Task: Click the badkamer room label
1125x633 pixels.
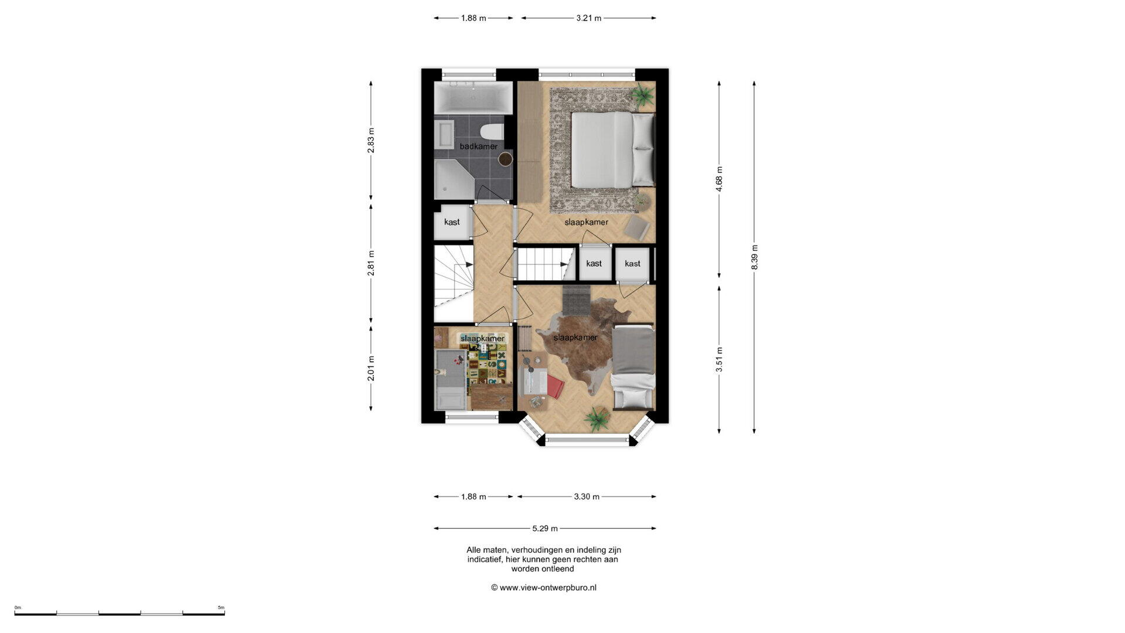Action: click(x=478, y=146)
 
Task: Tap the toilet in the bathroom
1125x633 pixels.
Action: click(x=492, y=132)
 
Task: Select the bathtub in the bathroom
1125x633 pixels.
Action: click(x=473, y=98)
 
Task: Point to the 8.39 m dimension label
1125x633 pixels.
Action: click(x=754, y=257)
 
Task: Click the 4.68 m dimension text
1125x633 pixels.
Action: click(x=719, y=179)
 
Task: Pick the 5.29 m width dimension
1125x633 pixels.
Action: click(x=545, y=528)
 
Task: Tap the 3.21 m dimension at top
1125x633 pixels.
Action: click(x=588, y=18)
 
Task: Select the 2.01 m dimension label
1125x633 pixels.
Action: click(x=371, y=368)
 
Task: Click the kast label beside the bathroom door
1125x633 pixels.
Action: click(x=452, y=222)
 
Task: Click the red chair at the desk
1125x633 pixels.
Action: click(x=555, y=387)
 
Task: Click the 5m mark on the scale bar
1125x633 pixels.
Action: click(x=221, y=608)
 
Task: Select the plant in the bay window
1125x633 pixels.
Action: click(x=597, y=418)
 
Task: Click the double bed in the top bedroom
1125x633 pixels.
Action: click(x=613, y=150)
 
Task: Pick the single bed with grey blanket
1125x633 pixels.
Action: click(x=633, y=366)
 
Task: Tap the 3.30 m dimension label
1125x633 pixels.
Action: click(x=587, y=496)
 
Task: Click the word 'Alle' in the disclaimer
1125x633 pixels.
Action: click(x=473, y=550)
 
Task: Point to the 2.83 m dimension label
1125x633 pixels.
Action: click(x=371, y=141)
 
